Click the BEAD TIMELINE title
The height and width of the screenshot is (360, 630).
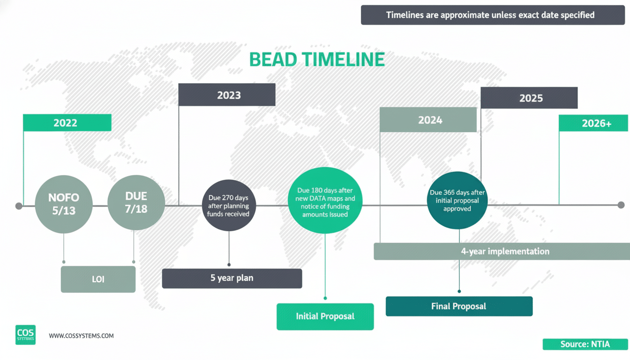point(317,60)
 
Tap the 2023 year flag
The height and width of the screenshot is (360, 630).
point(227,95)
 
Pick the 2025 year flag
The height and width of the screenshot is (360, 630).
point(529,98)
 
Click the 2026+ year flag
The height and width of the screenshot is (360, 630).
point(593,123)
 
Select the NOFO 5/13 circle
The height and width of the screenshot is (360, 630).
point(64,204)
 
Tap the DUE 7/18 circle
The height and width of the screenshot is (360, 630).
point(136,203)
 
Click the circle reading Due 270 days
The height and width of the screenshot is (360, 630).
point(228,205)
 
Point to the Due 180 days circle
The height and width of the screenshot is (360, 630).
point(325,201)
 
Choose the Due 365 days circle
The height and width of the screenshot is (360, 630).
point(457,201)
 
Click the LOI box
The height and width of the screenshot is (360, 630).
point(98,279)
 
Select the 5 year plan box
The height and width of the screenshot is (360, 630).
point(232,278)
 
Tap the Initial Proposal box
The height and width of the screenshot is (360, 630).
point(325,316)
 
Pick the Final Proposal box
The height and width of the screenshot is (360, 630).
point(459,307)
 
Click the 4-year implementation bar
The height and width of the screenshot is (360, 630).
point(505,251)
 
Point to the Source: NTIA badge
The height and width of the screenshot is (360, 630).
point(585,344)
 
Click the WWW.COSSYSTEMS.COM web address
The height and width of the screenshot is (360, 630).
point(81,336)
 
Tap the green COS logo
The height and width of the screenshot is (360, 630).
point(25,335)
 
